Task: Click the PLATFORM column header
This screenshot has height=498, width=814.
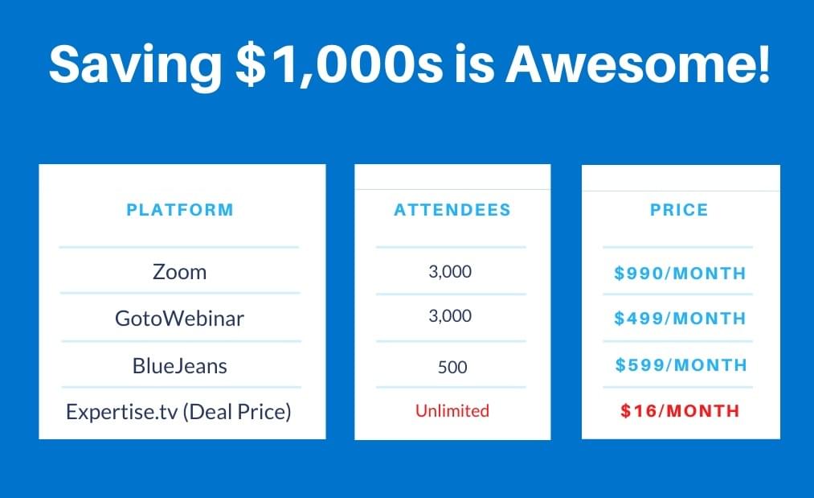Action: pyautogui.click(x=180, y=209)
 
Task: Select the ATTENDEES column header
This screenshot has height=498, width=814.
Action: pyautogui.click(x=452, y=209)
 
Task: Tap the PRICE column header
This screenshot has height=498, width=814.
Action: pyautogui.click(x=679, y=209)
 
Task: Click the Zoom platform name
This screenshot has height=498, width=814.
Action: pyautogui.click(x=180, y=272)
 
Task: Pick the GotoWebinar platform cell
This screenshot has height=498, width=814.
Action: pyautogui.click(x=180, y=318)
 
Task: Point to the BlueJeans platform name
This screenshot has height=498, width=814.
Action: pyautogui.click(x=180, y=366)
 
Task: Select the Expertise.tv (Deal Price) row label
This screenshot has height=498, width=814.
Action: pyautogui.click(x=178, y=412)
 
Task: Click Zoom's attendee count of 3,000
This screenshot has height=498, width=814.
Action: pyautogui.click(x=450, y=271)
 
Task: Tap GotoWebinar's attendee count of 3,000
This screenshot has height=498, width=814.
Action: pyautogui.click(x=450, y=315)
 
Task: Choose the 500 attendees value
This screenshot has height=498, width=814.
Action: pyautogui.click(x=452, y=367)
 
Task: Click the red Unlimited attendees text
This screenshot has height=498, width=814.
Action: pyautogui.click(x=452, y=410)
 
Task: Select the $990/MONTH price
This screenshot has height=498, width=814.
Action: pyautogui.click(x=680, y=273)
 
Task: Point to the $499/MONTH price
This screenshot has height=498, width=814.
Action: pyautogui.click(x=680, y=318)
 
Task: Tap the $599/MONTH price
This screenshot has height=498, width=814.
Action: pyautogui.click(x=681, y=365)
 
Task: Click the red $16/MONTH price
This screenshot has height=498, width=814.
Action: pyautogui.click(x=680, y=410)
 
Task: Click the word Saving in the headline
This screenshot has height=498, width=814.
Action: pyautogui.click(x=136, y=64)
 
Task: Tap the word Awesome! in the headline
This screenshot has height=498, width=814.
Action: pyautogui.click(x=637, y=64)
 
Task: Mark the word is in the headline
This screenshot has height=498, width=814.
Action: pyautogui.click(x=474, y=64)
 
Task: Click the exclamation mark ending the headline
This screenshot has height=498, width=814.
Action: pyautogui.click(x=763, y=64)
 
